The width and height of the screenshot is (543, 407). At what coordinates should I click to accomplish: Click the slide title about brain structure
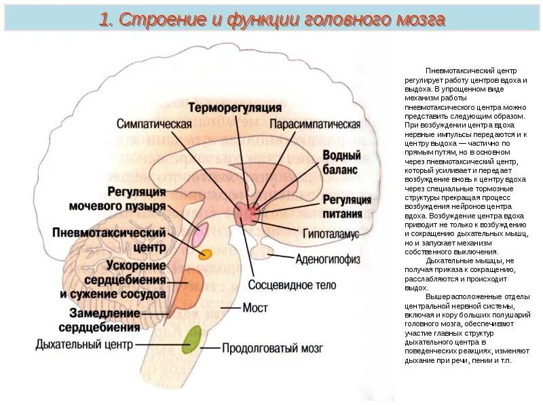point(271,20)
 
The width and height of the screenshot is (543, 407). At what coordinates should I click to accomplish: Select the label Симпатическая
point(154,125)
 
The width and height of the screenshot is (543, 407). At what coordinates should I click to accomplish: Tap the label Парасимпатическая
point(314,125)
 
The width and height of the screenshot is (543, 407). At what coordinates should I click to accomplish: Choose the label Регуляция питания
point(346,206)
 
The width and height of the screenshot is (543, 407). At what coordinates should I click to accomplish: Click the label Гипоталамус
point(330,233)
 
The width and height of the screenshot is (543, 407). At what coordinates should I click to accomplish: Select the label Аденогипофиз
point(327,258)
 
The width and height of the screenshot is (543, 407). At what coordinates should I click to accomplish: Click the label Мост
point(255,308)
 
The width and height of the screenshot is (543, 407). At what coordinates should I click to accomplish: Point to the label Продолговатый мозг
point(272,349)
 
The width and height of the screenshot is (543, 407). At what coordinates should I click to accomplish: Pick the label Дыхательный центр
point(83,345)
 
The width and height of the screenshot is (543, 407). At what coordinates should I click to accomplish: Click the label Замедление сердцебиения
point(105,319)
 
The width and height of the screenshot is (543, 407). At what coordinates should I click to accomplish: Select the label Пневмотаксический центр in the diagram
point(109,239)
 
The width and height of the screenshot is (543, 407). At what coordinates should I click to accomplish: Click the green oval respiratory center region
point(193,338)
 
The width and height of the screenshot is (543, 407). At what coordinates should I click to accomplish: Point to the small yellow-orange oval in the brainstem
point(205,254)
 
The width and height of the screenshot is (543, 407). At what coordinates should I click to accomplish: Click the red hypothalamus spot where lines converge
point(246,214)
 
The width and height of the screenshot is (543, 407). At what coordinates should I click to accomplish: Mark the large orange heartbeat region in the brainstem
point(189,288)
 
